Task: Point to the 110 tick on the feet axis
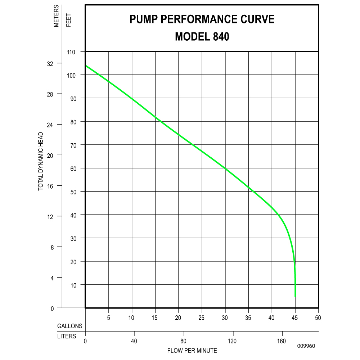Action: (71, 52)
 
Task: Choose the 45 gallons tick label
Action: (295, 318)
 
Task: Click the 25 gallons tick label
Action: (202, 318)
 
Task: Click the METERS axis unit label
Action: (57, 17)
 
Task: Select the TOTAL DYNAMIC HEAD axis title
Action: (41, 161)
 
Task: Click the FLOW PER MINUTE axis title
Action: (192, 350)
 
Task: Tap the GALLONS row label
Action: (70, 326)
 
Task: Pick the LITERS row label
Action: (67, 336)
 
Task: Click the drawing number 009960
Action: (306, 346)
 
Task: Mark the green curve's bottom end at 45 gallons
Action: (295, 296)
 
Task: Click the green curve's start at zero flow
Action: (86, 66)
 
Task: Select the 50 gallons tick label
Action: (318, 318)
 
